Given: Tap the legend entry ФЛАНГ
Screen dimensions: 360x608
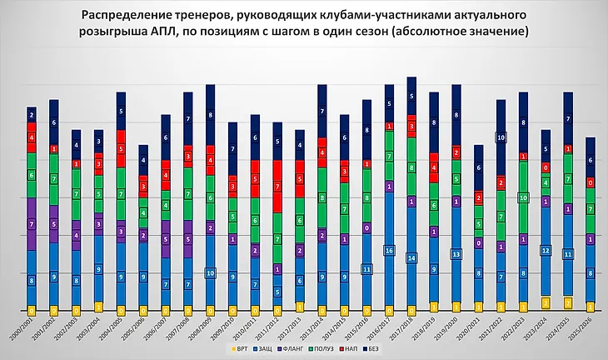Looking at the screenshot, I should click(x=296, y=349).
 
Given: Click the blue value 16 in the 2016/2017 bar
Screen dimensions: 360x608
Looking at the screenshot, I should click(x=389, y=250).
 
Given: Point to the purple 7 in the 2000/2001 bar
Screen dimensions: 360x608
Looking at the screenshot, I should click(x=32, y=224).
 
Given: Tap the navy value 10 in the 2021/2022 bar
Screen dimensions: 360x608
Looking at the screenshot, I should click(x=501, y=137).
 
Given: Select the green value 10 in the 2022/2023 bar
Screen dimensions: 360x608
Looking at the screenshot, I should click(x=523, y=197).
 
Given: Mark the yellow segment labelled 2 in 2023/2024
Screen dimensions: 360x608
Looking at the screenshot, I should click(x=546, y=302).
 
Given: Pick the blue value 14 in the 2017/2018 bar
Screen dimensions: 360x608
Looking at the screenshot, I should click(x=411, y=258).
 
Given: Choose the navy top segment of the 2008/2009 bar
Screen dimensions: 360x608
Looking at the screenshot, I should click(x=211, y=114).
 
